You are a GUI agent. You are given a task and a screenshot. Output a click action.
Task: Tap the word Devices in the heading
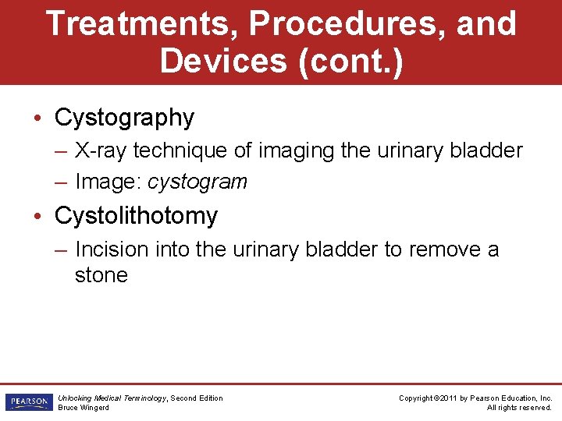(x=222, y=61)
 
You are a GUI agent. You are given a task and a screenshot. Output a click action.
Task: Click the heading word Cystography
(x=124, y=118)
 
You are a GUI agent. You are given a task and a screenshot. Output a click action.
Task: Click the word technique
(x=189, y=150)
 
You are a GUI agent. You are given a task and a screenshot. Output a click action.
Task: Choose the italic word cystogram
(x=197, y=182)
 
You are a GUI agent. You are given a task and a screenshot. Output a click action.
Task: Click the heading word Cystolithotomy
(x=136, y=215)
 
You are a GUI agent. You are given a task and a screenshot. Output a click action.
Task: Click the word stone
(x=101, y=275)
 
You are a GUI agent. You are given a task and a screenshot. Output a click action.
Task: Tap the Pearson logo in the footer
(x=27, y=402)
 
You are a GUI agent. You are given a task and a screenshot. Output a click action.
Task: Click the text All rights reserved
(x=519, y=408)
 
